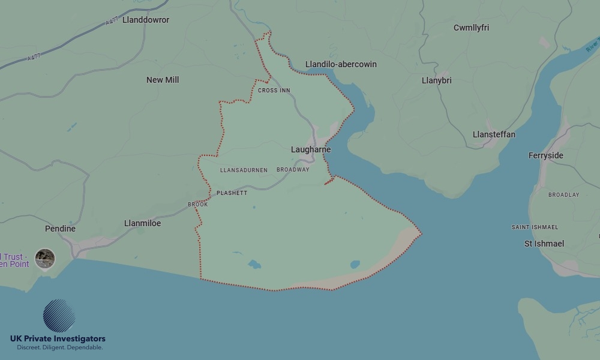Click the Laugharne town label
point(311,149)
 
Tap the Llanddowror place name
point(146,20)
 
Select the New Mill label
point(163,80)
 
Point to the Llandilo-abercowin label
point(341,64)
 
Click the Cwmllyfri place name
point(471,28)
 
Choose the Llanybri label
point(437,80)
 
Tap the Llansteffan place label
point(494,134)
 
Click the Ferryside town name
point(546,155)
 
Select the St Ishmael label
point(544,244)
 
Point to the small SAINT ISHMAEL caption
point(535,227)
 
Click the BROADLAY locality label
point(564,195)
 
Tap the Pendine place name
point(61,229)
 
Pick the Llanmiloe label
point(142,223)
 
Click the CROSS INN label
point(274,91)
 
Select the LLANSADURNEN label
point(244,170)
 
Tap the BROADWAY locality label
point(293,170)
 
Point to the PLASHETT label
point(232,193)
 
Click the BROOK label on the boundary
point(198,205)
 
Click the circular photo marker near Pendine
point(45,259)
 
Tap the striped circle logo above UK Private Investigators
point(59,316)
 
